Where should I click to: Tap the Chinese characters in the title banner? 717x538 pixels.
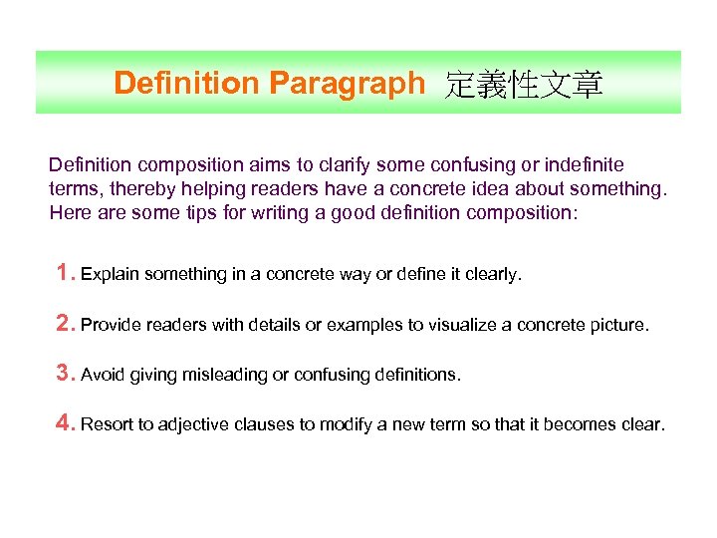pos(524,85)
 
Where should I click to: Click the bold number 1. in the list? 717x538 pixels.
pos(66,273)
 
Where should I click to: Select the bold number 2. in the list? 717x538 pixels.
pos(66,324)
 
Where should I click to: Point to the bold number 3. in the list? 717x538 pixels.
pos(66,375)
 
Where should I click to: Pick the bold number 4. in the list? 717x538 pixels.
pos(66,424)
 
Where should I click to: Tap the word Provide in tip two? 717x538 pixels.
pos(112,325)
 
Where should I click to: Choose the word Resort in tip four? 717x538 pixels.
pos(107,425)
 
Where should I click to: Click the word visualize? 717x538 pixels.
pos(456,325)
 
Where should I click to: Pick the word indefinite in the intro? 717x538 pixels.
pos(585,164)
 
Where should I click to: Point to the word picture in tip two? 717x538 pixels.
pos(617,325)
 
